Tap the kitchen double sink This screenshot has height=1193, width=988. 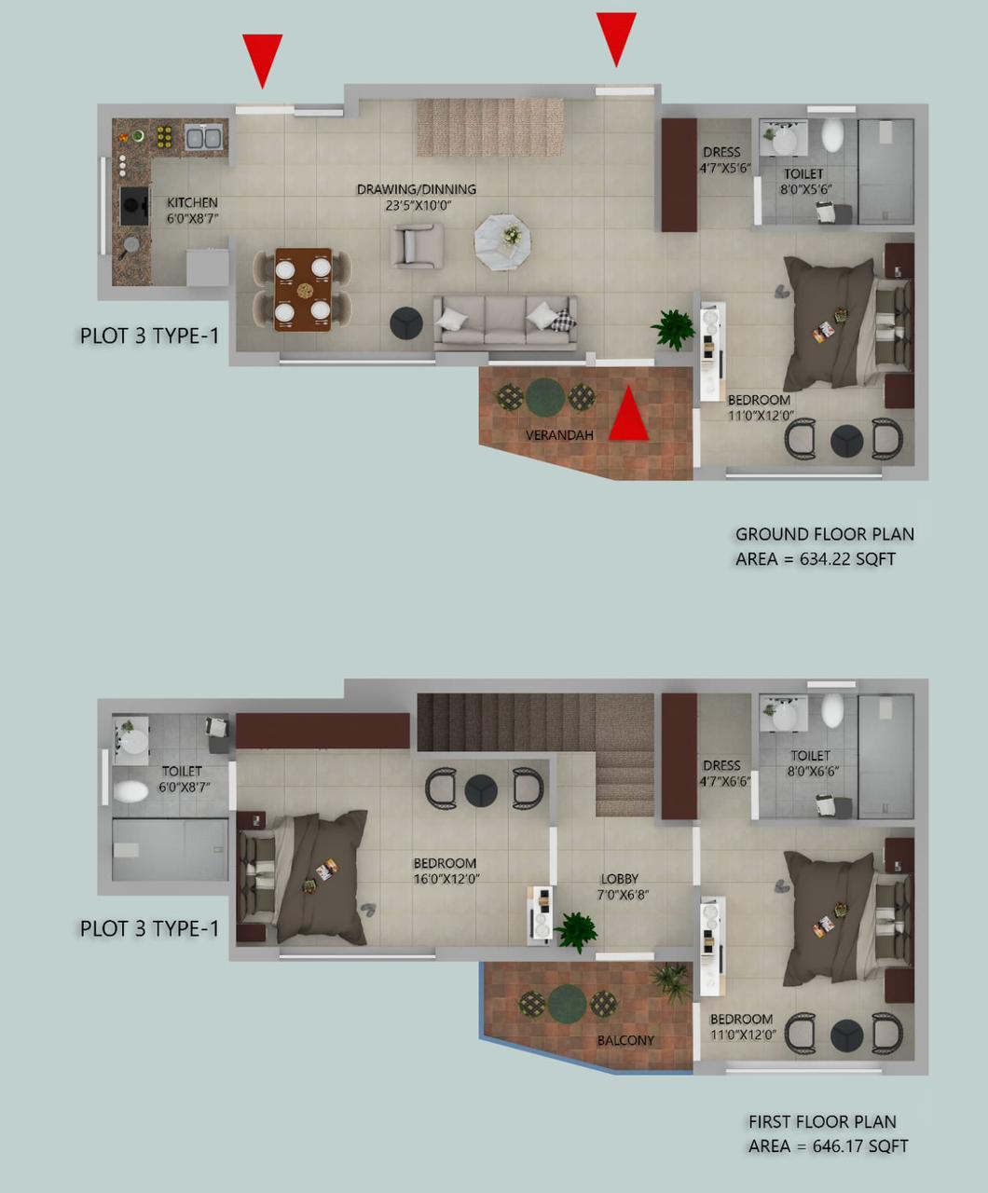click(203, 138)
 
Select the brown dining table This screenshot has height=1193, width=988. click(303, 289)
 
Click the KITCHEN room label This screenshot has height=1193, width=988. click(192, 202)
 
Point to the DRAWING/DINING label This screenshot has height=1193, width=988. click(416, 189)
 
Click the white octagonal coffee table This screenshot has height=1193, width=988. click(503, 241)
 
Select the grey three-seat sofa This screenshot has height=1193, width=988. click(505, 322)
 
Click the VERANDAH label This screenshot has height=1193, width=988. click(559, 435)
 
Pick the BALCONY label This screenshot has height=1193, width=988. click(625, 1040)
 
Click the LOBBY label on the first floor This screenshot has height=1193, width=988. click(620, 879)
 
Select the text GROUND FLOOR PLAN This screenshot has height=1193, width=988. click(825, 534)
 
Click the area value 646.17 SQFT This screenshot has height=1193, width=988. click(860, 1145)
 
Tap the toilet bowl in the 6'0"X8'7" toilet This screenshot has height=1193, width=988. click(131, 792)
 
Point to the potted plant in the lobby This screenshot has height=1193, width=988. click(577, 932)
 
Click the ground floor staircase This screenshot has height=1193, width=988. click(489, 127)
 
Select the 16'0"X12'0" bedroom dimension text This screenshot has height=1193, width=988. click(446, 878)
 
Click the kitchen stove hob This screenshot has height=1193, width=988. click(135, 205)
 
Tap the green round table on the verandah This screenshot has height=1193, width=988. click(545, 397)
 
